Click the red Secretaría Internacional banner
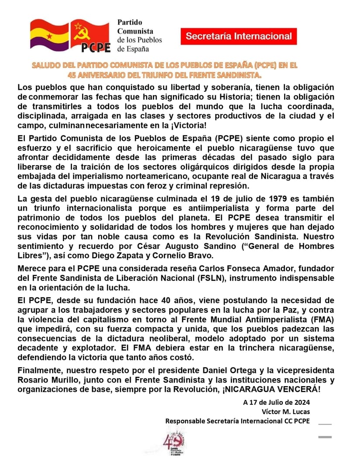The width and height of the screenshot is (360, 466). point(239,36)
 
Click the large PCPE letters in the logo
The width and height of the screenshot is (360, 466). point(96,46)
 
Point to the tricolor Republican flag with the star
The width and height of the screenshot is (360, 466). point(49,35)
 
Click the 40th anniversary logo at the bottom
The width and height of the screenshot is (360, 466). point(170,442)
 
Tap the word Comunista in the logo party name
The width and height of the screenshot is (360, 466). point(136,31)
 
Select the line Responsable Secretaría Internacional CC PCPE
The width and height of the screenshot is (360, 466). point(237,421)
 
